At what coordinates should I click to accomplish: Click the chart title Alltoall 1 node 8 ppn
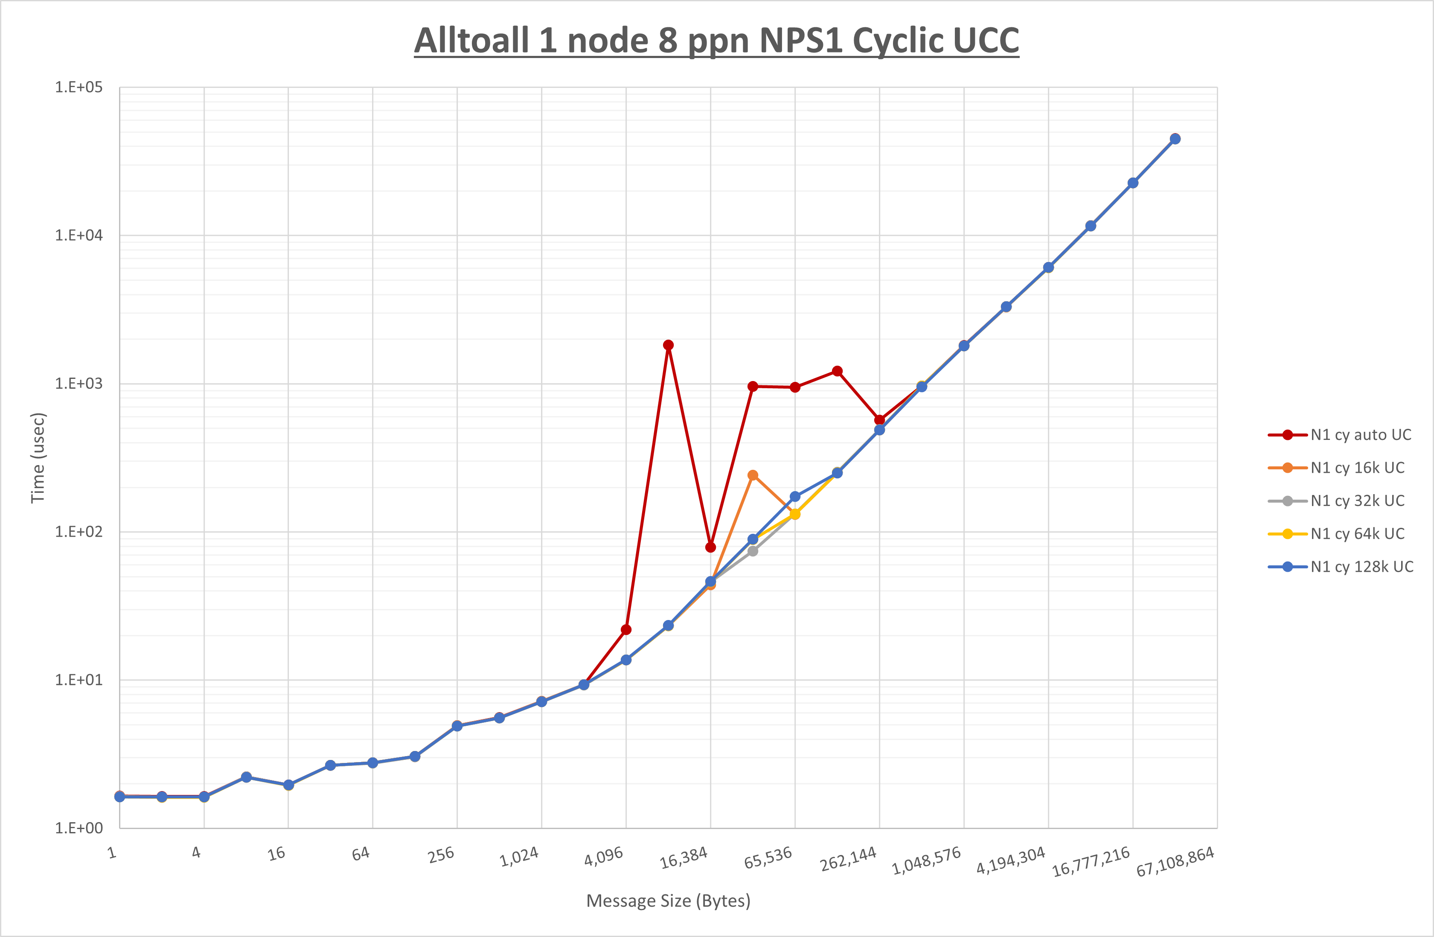[716, 41]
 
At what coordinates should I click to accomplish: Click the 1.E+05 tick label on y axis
[79, 87]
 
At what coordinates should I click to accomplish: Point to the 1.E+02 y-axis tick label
[79, 532]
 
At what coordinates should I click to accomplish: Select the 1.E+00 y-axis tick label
[79, 828]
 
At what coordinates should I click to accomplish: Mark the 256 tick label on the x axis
[441, 855]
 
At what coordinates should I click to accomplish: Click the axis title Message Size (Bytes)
[668, 901]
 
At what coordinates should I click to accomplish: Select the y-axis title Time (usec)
[38, 458]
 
